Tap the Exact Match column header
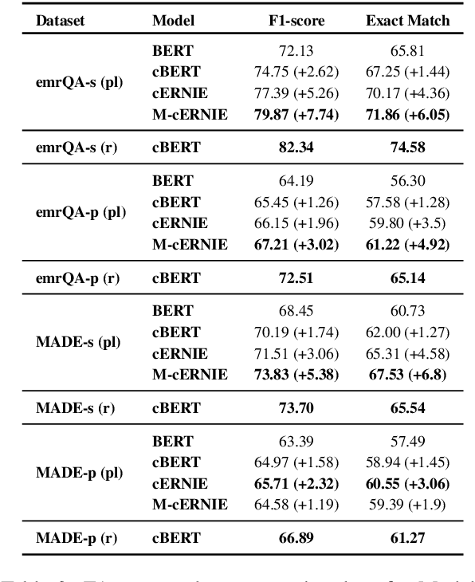tap(407, 21)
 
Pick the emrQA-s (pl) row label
tap(78, 82)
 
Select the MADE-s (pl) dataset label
tap(78, 341)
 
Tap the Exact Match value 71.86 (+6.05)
tap(406, 114)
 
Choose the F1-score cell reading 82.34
tap(295, 147)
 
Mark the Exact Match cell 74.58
tap(406, 147)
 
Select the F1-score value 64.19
tap(295, 180)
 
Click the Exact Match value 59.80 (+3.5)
tap(406, 222)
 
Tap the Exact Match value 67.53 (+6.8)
tap(406, 374)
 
